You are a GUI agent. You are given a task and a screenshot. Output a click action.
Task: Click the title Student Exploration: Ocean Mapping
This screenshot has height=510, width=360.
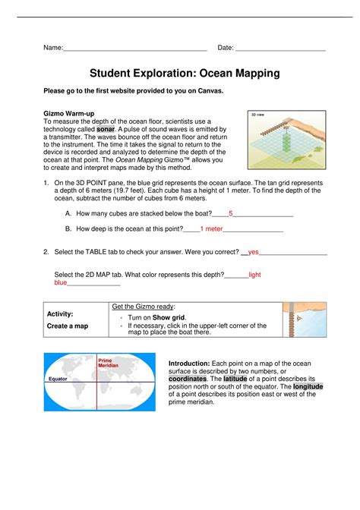(x=185, y=73)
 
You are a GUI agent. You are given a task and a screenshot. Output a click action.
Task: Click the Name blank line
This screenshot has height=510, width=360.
(x=135, y=51)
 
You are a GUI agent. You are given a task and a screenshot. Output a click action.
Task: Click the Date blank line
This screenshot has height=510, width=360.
(x=280, y=51)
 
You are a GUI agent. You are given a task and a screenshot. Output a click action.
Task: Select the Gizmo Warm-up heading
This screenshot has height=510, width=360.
(x=69, y=114)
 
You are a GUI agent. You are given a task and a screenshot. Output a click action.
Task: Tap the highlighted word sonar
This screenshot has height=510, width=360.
(x=106, y=129)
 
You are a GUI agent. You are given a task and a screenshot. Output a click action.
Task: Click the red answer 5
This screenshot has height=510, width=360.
(x=231, y=214)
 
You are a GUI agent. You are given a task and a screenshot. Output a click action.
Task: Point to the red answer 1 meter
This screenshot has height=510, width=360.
(x=211, y=229)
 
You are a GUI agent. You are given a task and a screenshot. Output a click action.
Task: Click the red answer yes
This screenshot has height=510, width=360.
(x=253, y=252)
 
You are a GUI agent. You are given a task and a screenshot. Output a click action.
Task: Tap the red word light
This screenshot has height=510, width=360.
(x=254, y=275)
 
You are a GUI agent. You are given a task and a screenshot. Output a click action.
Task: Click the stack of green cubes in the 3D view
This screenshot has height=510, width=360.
(x=286, y=140)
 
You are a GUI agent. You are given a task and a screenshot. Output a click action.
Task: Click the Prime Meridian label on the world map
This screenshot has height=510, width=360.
(x=108, y=363)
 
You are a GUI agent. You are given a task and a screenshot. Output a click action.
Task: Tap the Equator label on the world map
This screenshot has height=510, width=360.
(x=58, y=379)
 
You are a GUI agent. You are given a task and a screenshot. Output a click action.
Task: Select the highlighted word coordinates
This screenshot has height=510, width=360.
(x=188, y=379)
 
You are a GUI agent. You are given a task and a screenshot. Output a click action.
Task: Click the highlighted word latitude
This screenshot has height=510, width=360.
(x=235, y=379)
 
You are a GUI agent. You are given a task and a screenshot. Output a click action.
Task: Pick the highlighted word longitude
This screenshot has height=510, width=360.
(x=308, y=387)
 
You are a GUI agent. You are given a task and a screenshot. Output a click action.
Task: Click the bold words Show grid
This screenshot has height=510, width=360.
(x=169, y=318)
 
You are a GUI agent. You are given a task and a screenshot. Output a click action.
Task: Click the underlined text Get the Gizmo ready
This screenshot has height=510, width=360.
(x=143, y=307)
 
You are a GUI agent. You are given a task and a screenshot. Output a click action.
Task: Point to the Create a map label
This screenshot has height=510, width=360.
(x=68, y=326)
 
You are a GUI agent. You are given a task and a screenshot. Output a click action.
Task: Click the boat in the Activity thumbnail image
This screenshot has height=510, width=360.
(x=299, y=319)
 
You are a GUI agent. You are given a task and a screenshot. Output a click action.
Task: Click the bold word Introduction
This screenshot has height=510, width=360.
(x=189, y=364)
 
